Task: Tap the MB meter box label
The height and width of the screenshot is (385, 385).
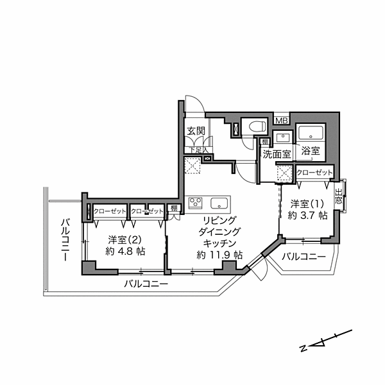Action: point(281,120)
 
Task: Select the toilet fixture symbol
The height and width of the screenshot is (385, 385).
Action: point(253,127)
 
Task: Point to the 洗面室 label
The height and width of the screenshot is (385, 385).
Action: point(277,153)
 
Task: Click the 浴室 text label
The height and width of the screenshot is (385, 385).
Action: point(311,152)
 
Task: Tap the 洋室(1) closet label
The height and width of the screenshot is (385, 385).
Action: point(314,172)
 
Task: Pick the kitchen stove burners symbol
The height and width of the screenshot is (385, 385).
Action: point(195,205)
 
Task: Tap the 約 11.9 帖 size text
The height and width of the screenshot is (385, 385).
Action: point(219,255)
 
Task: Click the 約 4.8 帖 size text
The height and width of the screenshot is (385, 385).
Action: point(122,252)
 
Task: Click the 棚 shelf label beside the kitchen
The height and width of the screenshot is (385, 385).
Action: point(174,209)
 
